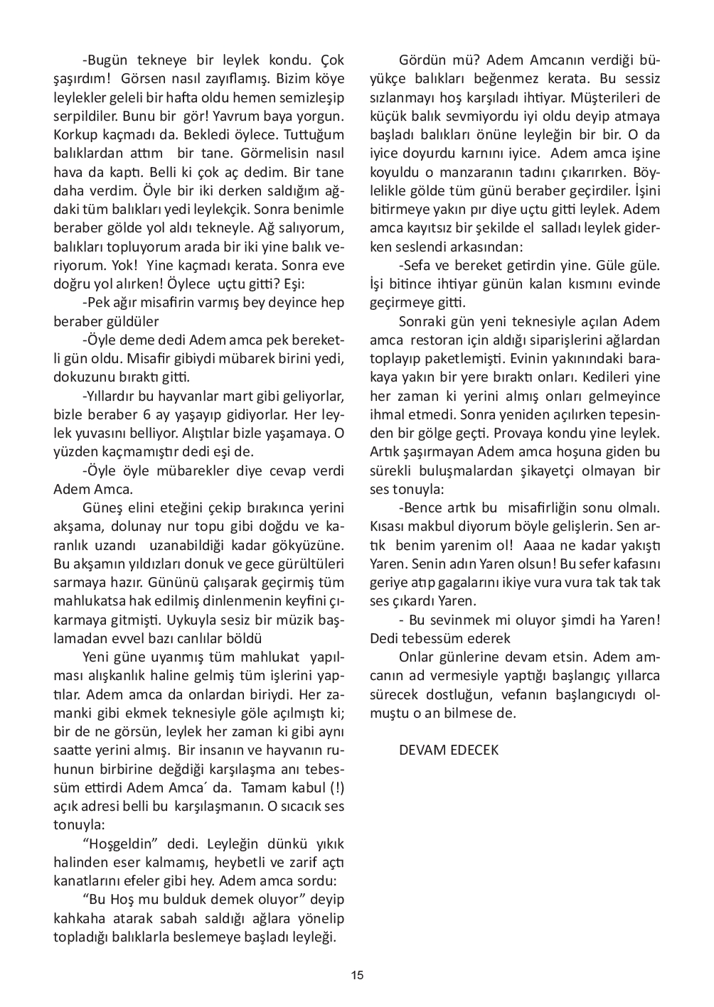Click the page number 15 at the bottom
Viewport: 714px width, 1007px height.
click(357, 975)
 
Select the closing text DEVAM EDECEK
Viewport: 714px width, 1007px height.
click(449, 750)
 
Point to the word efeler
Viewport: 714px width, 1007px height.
click(154, 881)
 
